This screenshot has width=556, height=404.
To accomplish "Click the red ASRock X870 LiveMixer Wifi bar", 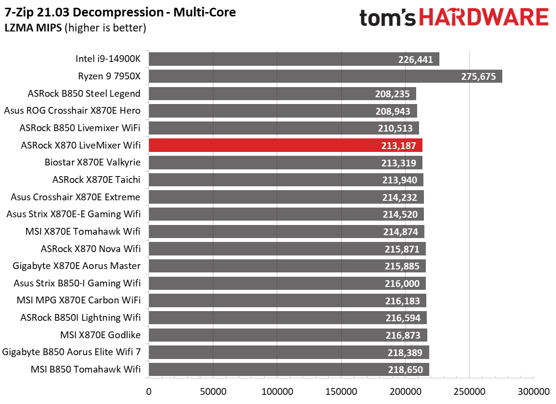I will [286, 145].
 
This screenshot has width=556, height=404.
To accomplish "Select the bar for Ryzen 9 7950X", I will [325, 76].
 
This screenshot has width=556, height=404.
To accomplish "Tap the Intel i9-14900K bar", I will [294, 59].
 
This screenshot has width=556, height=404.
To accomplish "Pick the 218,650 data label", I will [406, 370].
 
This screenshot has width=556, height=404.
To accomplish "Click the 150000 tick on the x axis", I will [341, 391].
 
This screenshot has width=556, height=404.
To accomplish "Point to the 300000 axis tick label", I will [533, 391].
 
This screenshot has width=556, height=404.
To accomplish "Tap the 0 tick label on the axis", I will [149, 391].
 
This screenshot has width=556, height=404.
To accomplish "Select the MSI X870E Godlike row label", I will [100, 335].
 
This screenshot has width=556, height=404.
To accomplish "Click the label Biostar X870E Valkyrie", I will [92, 163].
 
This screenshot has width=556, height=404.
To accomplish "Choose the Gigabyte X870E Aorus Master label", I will [84, 266].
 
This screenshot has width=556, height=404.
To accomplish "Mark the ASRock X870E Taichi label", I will [96, 180].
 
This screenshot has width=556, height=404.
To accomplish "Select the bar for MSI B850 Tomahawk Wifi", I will [289, 370].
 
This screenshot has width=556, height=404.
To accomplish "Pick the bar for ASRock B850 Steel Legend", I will [282, 94].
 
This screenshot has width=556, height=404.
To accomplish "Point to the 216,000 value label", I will [404, 283].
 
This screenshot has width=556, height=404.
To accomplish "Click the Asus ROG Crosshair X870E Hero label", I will [72, 111].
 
